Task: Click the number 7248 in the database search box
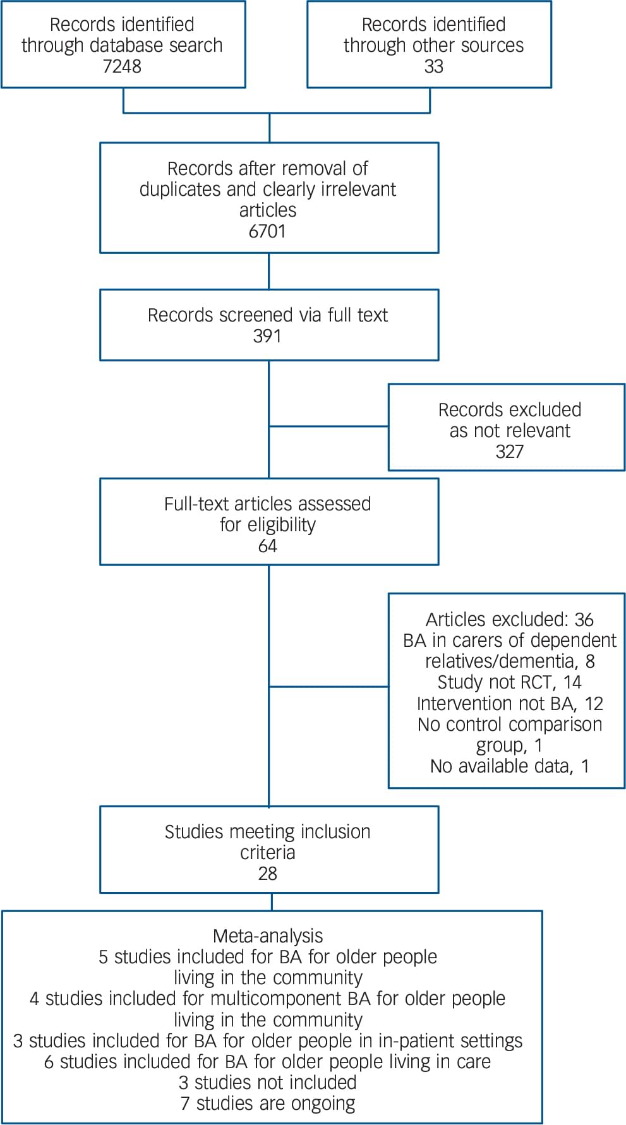pyautogui.click(x=122, y=66)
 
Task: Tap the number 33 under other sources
pyautogui.click(x=433, y=66)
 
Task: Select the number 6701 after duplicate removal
pyautogui.click(x=267, y=231)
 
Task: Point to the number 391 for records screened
pyautogui.click(x=267, y=336)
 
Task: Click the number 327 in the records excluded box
pyautogui.click(x=509, y=452)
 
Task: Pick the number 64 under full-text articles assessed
pyautogui.click(x=267, y=546)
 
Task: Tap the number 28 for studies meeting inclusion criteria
pyautogui.click(x=267, y=874)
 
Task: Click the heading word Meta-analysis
pyautogui.click(x=268, y=935)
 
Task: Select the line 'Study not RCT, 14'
pyautogui.click(x=509, y=682)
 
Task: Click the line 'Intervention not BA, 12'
pyautogui.click(x=509, y=703)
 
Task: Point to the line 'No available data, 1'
pyautogui.click(x=509, y=766)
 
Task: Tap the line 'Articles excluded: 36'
pyautogui.click(x=509, y=620)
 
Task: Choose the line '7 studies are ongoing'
pyautogui.click(x=268, y=1103)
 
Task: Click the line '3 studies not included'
pyautogui.click(x=268, y=1082)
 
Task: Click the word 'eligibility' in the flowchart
pyautogui.click(x=282, y=525)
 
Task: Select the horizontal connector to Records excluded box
pyautogui.click(x=328, y=426)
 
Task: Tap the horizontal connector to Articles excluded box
pyautogui.click(x=328, y=686)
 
